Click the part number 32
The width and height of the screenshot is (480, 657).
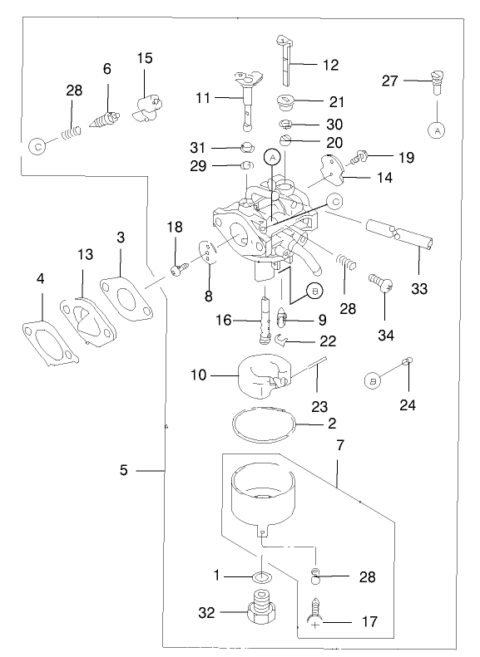(x=206, y=613)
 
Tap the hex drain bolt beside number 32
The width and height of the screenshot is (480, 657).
(x=259, y=613)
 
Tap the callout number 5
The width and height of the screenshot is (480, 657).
(x=123, y=470)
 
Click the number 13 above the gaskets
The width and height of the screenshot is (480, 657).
(x=86, y=254)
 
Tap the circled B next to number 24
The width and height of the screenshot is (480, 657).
(x=373, y=380)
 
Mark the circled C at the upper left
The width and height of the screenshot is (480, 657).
(x=37, y=145)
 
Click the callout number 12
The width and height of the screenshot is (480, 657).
(x=330, y=65)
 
